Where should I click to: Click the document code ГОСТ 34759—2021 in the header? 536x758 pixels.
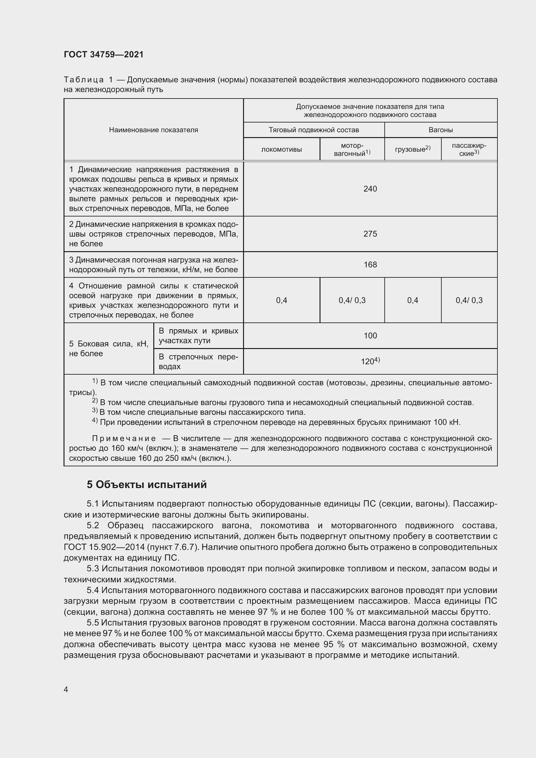[x=104, y=54]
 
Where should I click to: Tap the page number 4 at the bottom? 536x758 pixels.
[x=66, y=689]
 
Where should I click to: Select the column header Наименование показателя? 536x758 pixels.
[x=154, y=130]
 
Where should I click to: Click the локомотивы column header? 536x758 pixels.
[x=282, y=149]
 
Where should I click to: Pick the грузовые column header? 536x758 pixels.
[x=412, y=149]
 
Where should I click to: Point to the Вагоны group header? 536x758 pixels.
[x=441, y=130]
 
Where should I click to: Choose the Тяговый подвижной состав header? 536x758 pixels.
[x=314, y=130]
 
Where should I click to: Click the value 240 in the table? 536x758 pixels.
[x=370, y=189]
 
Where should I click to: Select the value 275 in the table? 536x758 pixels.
[x=370, y=234]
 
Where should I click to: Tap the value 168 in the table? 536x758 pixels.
[x=370, y=264]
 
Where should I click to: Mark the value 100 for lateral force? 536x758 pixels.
[x=370, y=335]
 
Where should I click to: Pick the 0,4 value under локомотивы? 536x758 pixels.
[x=282, y=300]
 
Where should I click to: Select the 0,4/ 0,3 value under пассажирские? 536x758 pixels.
[x=469, y=300]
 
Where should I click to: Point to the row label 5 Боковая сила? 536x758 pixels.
[x=109, y=349]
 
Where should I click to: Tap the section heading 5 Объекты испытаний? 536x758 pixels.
[x=146, y=484]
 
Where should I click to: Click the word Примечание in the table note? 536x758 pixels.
[x=124, y=438]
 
